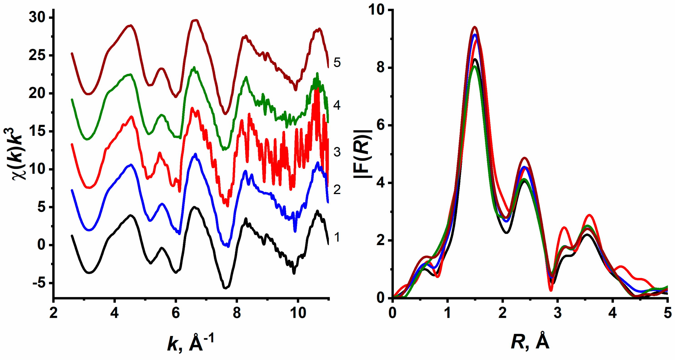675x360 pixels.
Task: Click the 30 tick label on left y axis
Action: pyautogui.click(x=37, y=17)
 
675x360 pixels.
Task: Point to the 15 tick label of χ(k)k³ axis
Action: pyautogui.click(x=37, y=131)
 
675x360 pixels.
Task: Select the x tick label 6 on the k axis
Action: pyautogui.click(x=176, y=313)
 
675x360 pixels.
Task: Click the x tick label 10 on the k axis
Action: pyautogui.click(x=298, y=313)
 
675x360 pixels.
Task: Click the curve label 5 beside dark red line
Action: pyautogui.click(x=337, y=63)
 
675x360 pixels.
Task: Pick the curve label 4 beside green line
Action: pyautogui.click(x=337, y=105)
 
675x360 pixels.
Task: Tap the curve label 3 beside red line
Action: pyautogui.click(x=337, y=152)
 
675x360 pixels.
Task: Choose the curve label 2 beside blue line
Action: pyautogui.click(x=337, y=190)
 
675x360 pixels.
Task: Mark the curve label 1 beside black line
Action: pyautogui.click(x=337, y=237)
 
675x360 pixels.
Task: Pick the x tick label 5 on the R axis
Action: pyautogui.click(x=668, y=313)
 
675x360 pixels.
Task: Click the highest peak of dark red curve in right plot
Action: pyautogui.click(x=475, y=27)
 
